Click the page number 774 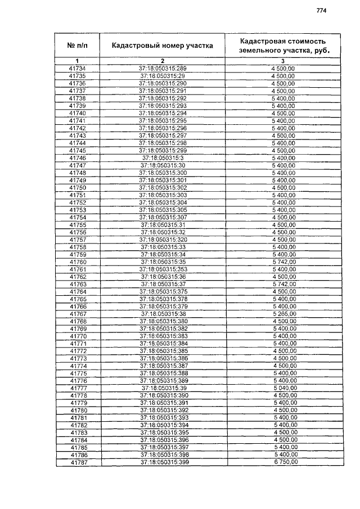click(321, 10)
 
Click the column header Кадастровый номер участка click(162, 46)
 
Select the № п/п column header click(77, 46)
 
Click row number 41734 click(77, 69)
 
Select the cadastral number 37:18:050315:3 click(163, 157)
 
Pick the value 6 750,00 click(284, 462)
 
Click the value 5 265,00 click(284, 313)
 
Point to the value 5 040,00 click(284, 388)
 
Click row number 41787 click(78, 462)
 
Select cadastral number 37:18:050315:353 click(163, 269)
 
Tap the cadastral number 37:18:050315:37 click(163, 284)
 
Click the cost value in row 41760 click(284, 262)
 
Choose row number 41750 click(77, 187)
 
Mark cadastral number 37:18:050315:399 click(163, 462)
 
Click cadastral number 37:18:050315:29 click(163, 76)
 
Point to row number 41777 click(78, 388)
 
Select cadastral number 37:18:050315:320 click(163, 239)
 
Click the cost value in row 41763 click(284, 284)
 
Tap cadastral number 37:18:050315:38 click(163, 313)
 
